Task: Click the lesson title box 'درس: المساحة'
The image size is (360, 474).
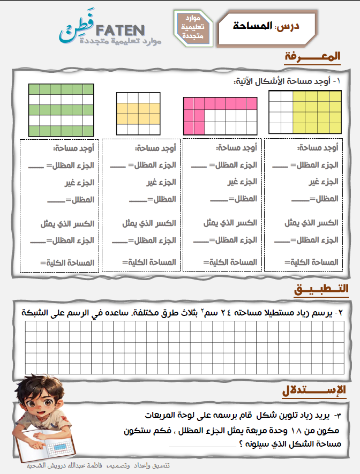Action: coord(267,26)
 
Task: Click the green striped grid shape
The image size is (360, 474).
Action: coord(61,109)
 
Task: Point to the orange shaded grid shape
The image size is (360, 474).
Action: coord(138,113)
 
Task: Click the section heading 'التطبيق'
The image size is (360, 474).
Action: coord(321,289)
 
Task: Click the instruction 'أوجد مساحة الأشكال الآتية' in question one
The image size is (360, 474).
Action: coord(284,82)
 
